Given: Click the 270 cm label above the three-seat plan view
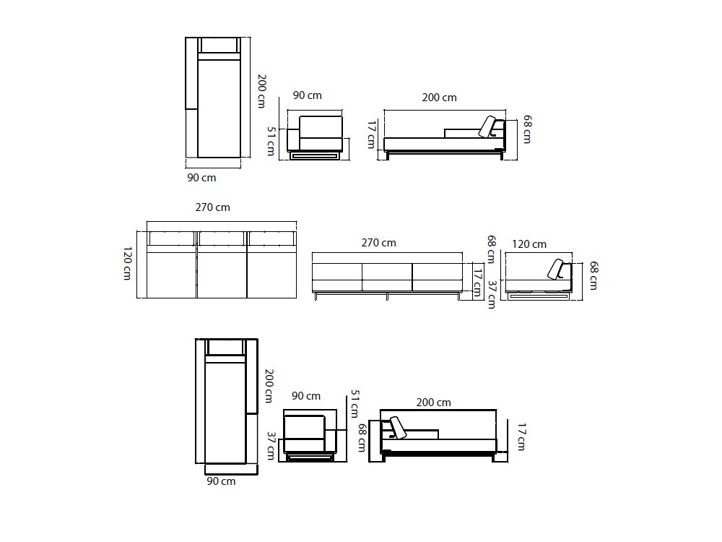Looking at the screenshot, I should pos(212,207).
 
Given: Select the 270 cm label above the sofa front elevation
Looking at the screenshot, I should pos(378,243).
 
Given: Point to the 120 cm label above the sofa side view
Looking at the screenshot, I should pos(529,244).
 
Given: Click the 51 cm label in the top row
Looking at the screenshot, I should pos(271,141).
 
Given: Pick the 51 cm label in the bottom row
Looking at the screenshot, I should pos(354,403).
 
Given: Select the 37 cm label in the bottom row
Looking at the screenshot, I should pos(271,446).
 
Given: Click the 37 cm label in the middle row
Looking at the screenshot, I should pos(491,294).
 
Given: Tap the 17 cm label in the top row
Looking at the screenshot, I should pos(371,134).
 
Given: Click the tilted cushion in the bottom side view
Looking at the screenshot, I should pos(398,427).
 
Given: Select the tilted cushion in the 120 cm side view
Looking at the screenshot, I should pos(557,270).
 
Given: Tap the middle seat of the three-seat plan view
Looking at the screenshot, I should pos(222,272).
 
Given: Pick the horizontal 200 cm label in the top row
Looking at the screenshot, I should pos(439,98).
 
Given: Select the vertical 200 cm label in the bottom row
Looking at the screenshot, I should pos(268,386).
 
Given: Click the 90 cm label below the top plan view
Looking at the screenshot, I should pos(201,177).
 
